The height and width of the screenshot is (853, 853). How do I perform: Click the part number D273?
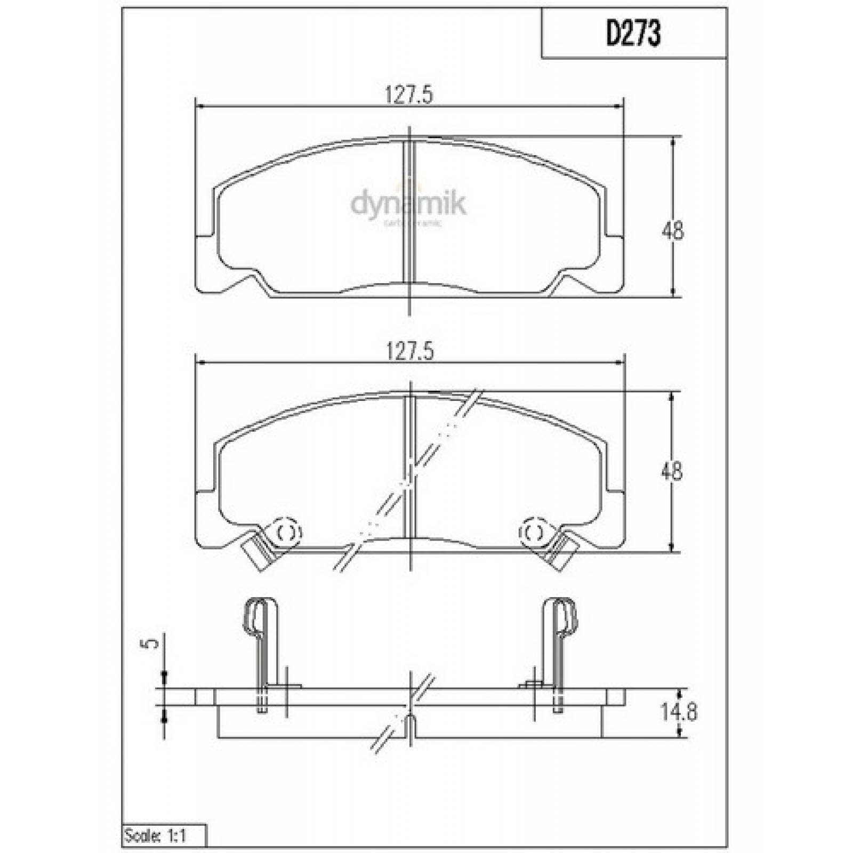tap(633, 34)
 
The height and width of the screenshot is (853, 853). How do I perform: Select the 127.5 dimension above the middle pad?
tap(409, 352)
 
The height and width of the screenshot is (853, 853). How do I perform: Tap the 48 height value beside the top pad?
tap(672, 231)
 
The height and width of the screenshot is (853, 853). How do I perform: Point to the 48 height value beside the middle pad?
tap(672, 471)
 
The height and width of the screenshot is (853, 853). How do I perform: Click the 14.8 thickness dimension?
tap(679, 712)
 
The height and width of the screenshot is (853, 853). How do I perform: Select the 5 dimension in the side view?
tap(152, 643)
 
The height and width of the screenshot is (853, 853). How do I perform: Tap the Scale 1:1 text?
tap(155, 836)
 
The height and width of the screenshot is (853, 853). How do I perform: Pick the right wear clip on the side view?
tap(561, 640)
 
